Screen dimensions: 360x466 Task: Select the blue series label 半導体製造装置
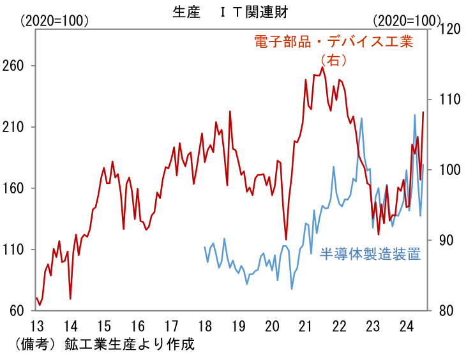(370, 255)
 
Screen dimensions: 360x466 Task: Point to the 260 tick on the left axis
(18, 66)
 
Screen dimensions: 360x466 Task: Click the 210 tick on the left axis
(18, 127)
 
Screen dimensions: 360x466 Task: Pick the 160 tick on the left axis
(18, 188)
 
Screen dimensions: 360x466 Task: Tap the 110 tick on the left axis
(18, 250)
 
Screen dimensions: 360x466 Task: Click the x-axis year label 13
(36, 325)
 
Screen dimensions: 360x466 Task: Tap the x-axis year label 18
(205, 325)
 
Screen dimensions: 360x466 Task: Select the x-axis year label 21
(305, 325)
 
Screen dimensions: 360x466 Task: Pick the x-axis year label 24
(406, 325)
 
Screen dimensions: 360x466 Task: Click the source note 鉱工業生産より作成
(128, 343)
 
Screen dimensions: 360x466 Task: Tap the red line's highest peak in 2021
(323, 67)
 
